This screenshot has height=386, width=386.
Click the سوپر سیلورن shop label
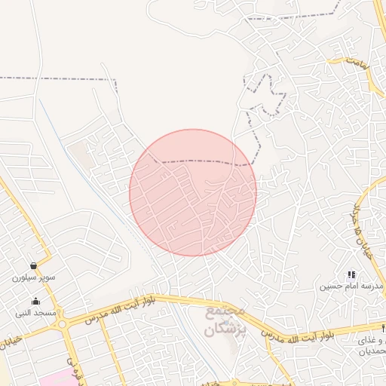click(33, 277)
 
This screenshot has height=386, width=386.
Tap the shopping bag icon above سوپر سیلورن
click(33, 265)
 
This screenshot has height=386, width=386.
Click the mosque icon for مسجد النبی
click(35, 302)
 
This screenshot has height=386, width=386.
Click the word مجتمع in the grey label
click(224, 311)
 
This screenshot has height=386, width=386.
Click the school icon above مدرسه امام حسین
click(351, 275)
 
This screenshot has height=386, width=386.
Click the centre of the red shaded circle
click(193, 193)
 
